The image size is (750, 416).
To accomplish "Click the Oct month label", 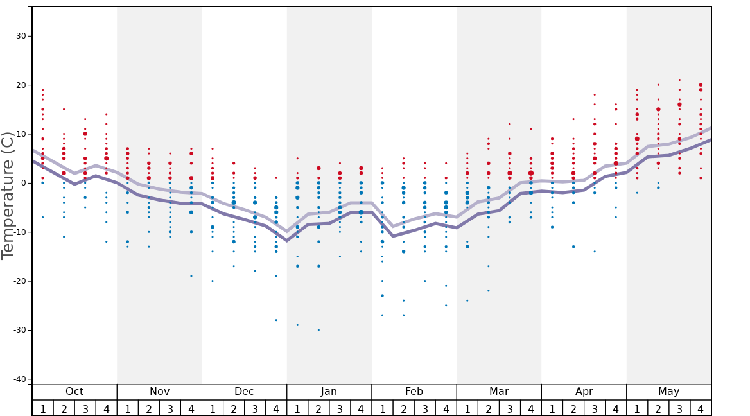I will point(74,392).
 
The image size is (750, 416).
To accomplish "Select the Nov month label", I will point(159,392).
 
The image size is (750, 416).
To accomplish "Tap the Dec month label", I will point(244,392).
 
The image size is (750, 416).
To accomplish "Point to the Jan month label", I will point(329,392).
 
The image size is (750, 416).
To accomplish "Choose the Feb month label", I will point(414,392).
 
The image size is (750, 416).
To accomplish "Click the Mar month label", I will point(499,392).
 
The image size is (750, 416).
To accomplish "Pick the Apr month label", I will point(584,392).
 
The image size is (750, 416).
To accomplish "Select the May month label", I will point(668,392).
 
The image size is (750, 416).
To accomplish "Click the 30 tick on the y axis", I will point(21,36).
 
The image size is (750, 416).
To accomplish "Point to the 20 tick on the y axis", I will point(21,85).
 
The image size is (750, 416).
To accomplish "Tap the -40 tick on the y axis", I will point(20,379).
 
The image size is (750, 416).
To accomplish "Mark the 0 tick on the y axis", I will point(23,184).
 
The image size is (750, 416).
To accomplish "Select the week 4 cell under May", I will point(701,408).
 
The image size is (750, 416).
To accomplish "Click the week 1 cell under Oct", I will point(42,408).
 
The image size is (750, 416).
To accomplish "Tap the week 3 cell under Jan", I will point(340,408).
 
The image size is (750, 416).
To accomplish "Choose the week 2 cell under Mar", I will point(489,408).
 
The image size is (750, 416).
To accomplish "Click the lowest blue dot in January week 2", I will point(318,330).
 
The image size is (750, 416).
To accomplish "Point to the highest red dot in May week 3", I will point(679,80).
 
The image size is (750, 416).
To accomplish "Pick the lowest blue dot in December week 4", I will point(276,320).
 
